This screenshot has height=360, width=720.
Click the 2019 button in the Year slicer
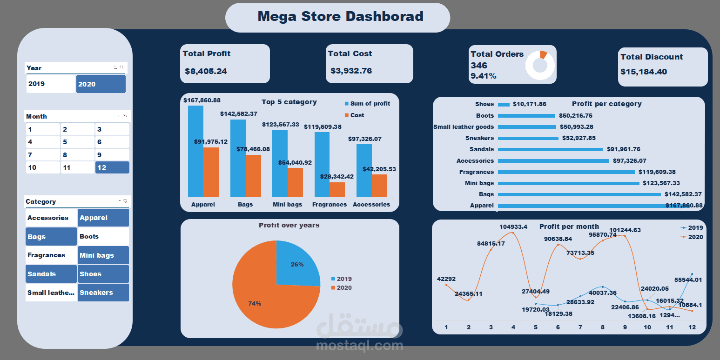(x=50, y=84)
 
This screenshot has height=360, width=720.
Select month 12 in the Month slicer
(x=112, y=167)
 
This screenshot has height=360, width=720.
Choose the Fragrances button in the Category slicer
(x=51, y=255)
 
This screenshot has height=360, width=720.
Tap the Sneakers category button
(x=103, y=293)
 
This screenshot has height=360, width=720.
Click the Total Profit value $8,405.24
(x=206, y=72)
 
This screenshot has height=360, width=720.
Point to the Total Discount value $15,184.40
(x=644, y=72)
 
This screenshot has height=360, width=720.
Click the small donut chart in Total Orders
(x=540, y=65)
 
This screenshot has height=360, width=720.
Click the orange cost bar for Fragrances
(x=337, y=189)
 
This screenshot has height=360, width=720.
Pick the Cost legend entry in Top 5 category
(x=357, y=115)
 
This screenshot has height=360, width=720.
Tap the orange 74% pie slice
(x=265, y=298)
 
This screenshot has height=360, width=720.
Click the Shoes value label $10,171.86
(x=529, y=104)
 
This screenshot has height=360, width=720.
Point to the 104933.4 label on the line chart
(x=513, y=227)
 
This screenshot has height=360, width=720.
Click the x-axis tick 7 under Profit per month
(x=580, y=327)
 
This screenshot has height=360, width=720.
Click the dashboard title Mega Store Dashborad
(x=340, y=17)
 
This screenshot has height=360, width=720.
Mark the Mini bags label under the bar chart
(x=287, y=205)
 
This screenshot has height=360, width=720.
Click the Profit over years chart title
(x=289, y=225)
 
